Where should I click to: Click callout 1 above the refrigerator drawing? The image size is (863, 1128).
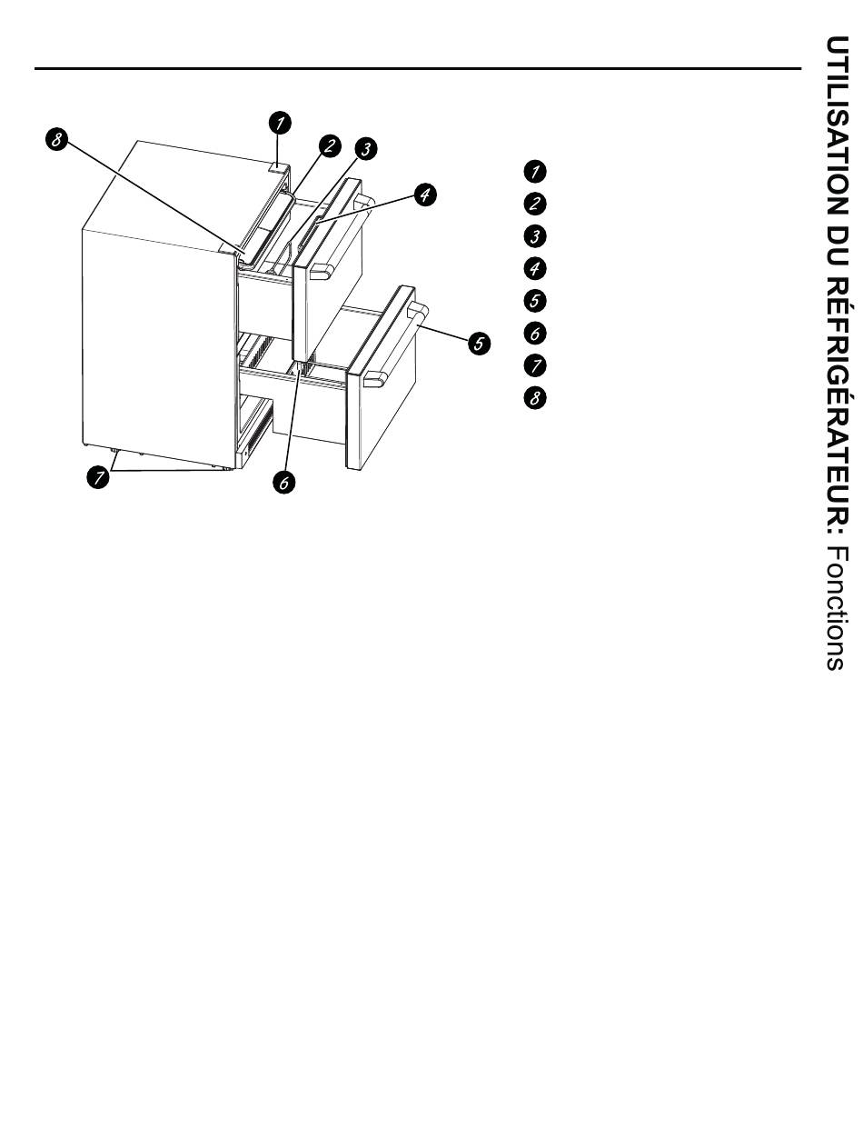(x=281, y=121)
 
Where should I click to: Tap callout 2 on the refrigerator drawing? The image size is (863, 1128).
(x=329, y=145)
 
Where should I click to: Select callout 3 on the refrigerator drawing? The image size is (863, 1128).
(x=365, y=148)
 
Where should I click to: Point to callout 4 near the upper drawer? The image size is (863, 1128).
(x=425, y=194)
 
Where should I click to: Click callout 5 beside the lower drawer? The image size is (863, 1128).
(x=479, y=343)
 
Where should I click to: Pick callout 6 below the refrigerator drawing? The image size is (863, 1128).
(x=283, y=483)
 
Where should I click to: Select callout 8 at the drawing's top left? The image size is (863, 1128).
(x=56, y=139)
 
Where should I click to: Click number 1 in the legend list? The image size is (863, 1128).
(x=536, y=171)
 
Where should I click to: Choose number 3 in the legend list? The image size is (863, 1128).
(x=536, y=236)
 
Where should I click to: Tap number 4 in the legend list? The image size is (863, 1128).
(x=536, y=269)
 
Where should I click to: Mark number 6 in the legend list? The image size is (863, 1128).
(x=536, y=334)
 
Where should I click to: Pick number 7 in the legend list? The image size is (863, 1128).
(x=536, y=366)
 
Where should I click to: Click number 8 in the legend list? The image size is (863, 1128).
(x=536, y=399)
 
